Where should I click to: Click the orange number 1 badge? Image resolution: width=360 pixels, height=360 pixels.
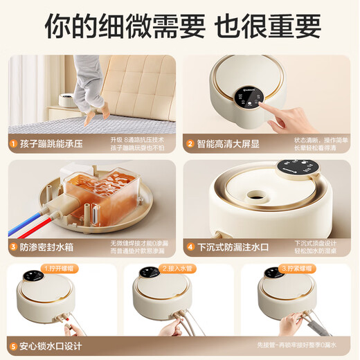(13, 145)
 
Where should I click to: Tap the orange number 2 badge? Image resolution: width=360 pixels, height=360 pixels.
(189, 145)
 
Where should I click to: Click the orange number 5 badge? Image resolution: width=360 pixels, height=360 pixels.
(13, 345)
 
